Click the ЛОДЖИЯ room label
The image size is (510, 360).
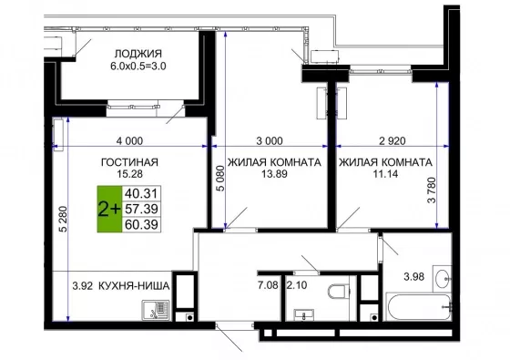click(x=138, y=54)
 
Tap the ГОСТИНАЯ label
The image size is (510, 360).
click(x=129, y=162)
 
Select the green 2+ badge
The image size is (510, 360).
click(x=109, y=209)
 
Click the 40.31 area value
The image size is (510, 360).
click(x=141, y=193)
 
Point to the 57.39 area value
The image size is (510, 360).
click(x=141, y=209)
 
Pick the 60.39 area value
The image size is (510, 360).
click(x=141, y=224)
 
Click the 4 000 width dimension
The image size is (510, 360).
click(x=129, y=141)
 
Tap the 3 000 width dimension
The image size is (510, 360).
click(x=270, y=141)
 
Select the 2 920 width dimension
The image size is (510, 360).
click(x=393, y=141)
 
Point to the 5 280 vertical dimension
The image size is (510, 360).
click(x=64, y=219)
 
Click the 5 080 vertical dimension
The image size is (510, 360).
click(x=220, y=179)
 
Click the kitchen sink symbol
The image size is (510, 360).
click(x=155, y=310)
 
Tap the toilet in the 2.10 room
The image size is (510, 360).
click(x=338, y=292)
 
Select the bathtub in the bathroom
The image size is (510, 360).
click(x=418, y=306)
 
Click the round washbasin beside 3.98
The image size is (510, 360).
click(x=444, y=279)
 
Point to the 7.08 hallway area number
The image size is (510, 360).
click(x=268, y=285)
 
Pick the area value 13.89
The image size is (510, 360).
click(x=274, y=174)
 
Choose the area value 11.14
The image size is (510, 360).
click(x=386, y=174)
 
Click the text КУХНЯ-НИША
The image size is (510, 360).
click(x=134, y=286)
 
